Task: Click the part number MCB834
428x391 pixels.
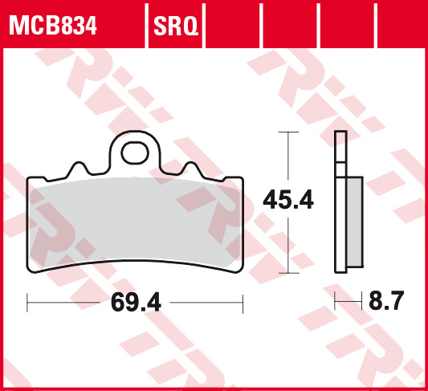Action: (52, 27)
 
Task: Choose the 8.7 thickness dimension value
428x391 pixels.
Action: (386, 303)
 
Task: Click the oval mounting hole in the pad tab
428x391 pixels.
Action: (135, 151)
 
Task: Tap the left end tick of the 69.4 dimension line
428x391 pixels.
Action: (28, 303)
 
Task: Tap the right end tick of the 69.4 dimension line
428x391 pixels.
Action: (243, 303)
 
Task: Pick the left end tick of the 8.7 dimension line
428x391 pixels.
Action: (336, 303)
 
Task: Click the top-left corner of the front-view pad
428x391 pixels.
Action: (31, 180)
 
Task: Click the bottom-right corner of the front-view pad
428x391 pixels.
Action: (240, 267)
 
